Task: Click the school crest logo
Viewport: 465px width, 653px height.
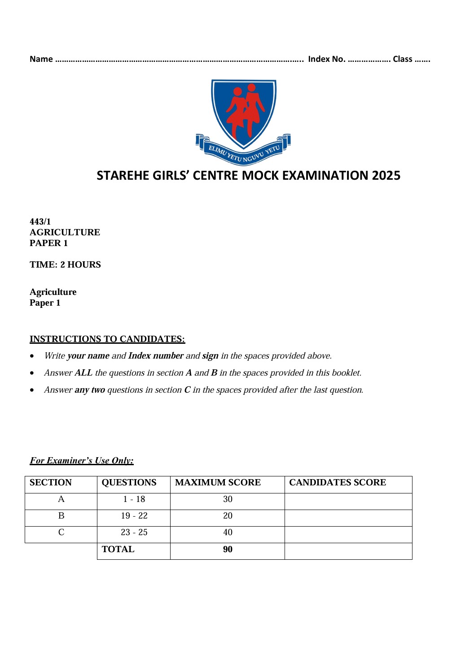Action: coord(243,121)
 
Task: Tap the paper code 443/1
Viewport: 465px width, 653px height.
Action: coord(40,222)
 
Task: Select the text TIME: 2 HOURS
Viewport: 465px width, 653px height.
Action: coord(65,265)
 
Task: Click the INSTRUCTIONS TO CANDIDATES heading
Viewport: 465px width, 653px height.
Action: coord(107,339)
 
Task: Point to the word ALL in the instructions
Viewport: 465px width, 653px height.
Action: coord(83,373)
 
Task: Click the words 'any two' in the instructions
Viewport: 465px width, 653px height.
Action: coord(90,390)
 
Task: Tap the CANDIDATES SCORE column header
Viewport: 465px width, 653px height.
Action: coord(338,483)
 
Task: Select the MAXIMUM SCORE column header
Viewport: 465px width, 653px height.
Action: coord(218,483)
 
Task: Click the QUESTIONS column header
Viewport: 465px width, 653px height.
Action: coord(129,483)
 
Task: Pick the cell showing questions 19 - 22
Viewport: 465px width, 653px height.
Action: coord(134,516)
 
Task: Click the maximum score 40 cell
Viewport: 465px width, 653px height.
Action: coord(228,532)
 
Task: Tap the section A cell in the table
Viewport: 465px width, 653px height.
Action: coord(61,499)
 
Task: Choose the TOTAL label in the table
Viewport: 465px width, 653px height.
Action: coord(118,549)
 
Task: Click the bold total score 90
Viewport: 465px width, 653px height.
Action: coord(228,549)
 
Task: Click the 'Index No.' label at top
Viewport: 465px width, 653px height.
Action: coord(326,59)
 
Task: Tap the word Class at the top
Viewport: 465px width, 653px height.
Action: coord(402,59)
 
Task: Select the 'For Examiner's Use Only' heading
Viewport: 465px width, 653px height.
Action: coord(82,461)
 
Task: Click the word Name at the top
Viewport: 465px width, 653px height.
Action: coord(41,59)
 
